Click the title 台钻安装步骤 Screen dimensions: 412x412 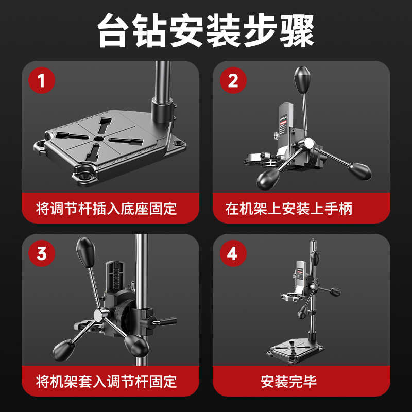(206, 31)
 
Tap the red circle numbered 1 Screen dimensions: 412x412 (41, 81)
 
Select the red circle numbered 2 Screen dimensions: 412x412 (233, 81)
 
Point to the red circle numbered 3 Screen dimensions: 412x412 (41, 253)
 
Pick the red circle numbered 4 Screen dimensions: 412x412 (233, 253)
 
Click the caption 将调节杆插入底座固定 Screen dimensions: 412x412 (107, 209)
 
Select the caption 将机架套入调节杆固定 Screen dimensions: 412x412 (107, 381)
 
